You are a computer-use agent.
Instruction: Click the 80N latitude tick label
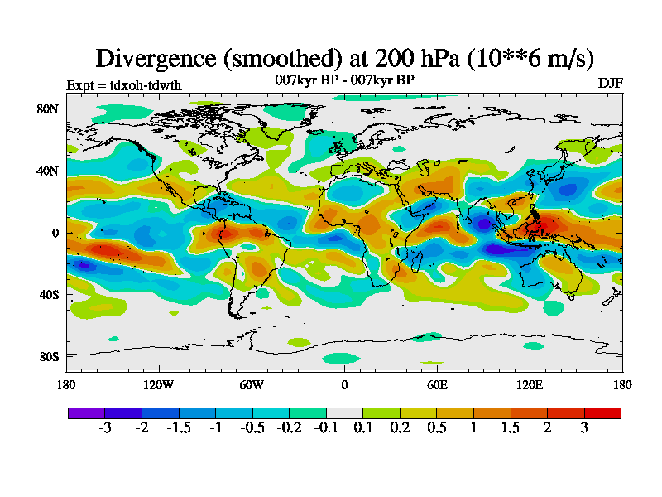46,109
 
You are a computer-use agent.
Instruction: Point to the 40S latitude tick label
47,294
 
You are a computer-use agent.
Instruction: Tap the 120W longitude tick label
158,384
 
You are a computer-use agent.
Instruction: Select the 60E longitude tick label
437,384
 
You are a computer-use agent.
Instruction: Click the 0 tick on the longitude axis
344,384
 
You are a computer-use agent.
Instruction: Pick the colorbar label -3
105,427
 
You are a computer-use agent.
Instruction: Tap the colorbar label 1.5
511,427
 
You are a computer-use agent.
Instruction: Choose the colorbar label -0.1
326,427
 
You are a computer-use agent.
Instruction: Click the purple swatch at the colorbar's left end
86,413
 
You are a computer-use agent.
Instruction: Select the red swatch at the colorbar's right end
602,413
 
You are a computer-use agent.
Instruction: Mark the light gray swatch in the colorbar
344,413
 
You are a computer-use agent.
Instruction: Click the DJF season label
610,84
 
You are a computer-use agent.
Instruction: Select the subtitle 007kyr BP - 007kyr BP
344,80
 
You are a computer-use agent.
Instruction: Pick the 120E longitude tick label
530,384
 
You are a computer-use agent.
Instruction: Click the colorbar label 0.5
437,427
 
